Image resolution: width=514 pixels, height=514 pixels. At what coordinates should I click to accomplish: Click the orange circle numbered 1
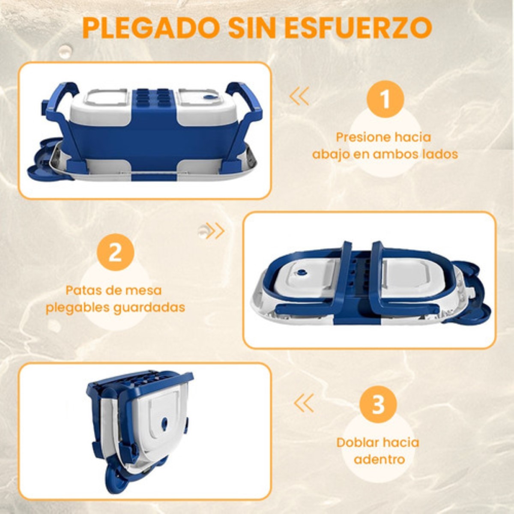click(385, 99)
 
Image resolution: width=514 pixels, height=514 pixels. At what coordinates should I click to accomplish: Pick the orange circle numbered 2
click(115, 252)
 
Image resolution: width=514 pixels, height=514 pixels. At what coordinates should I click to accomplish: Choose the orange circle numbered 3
click(378, 405)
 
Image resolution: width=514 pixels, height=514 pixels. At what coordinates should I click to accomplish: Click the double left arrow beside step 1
click(299, 96)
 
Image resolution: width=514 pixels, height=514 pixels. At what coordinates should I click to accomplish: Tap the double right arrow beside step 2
click(215, 231)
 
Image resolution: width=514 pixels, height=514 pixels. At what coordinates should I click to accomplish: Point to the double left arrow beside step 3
click(304, 403)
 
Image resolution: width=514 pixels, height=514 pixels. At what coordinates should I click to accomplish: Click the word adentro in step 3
click(379, 460)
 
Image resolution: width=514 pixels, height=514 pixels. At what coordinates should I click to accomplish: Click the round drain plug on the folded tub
click(165, 424)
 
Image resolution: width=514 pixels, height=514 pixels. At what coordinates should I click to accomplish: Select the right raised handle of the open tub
click(246, 99)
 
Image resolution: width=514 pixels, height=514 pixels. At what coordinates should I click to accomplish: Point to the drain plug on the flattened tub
click(302, 272)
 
